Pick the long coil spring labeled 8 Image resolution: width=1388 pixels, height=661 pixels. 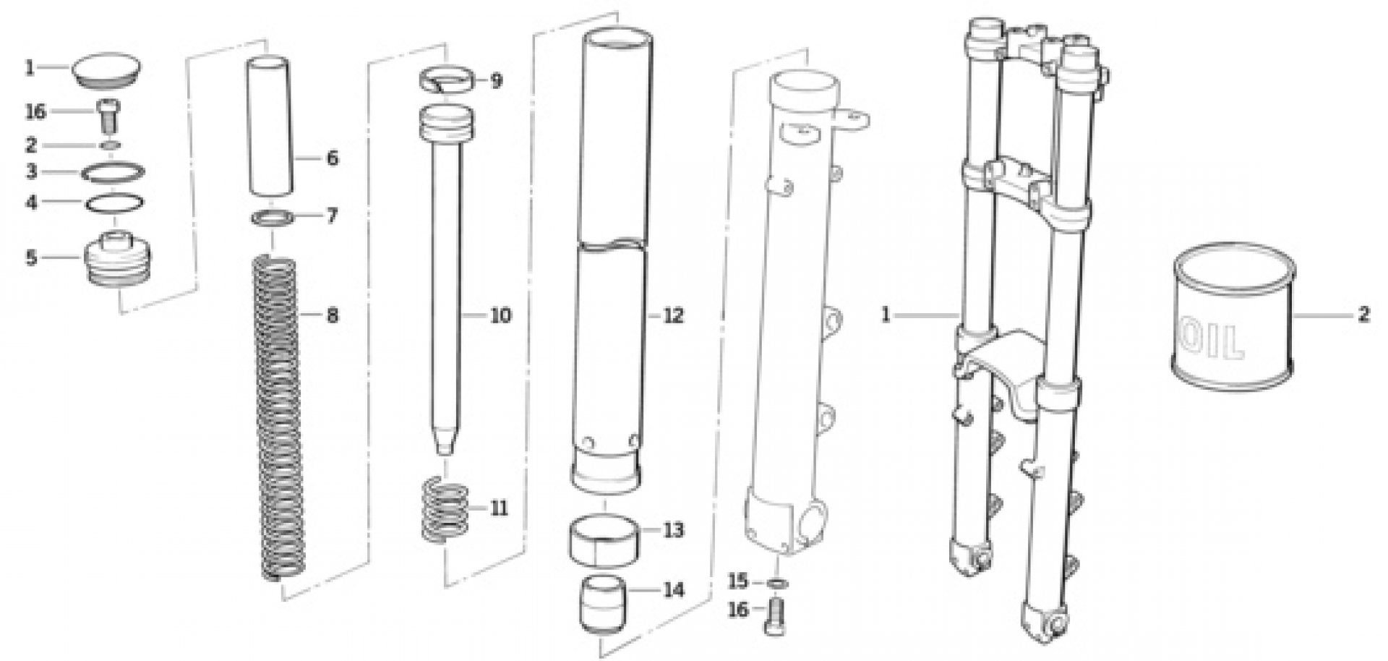(x=278, y=418)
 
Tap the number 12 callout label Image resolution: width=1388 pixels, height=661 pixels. (x=673, y=315)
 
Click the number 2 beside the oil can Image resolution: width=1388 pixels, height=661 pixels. (x=1363, y=315)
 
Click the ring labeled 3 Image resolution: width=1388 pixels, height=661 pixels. (x=113, y=174)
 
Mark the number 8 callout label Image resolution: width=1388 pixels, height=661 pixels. (x=333, y=315)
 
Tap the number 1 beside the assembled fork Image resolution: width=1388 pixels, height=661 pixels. (x=886, y=315)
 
